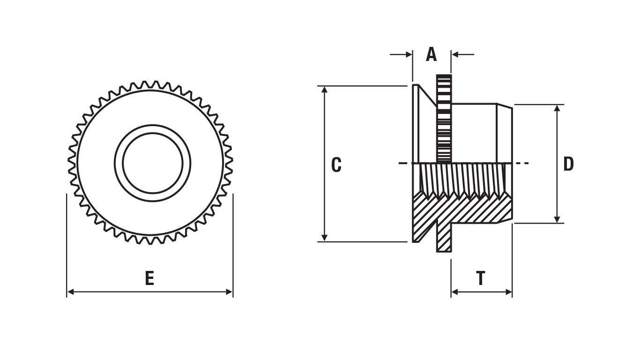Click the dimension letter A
point(431,54)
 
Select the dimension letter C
point(336,165)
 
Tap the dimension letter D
point(568,164)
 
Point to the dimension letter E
point(149,278)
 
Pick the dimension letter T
point(481,278)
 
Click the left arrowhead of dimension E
point(70,292)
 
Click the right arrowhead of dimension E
point(229,292)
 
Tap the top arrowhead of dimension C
point(324,90)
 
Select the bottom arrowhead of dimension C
point(324,238)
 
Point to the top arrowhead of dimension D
point(557,109)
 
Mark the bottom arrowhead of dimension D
point(557,219)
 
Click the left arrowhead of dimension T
point(455,292)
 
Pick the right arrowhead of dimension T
point(508,292)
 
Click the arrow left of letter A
point(401,54)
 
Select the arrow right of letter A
point(463,54)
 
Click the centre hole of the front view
point(153,163)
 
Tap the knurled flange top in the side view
point(444,119)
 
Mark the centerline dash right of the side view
point(522,163)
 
